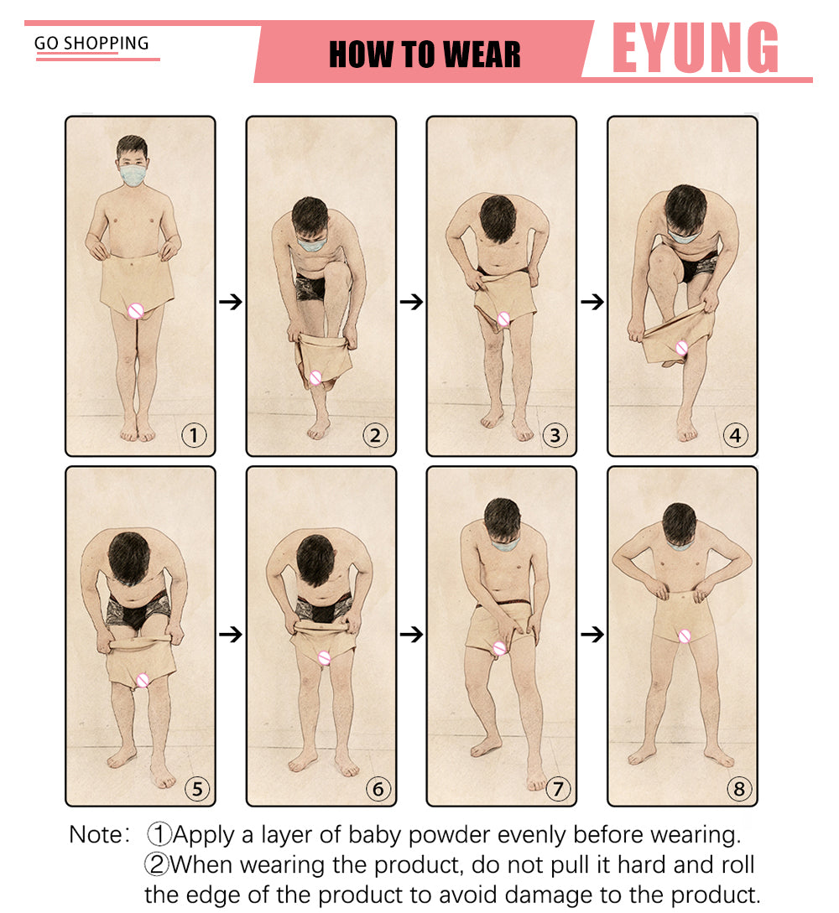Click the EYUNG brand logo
point(696,48)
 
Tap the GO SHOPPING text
point(91,43)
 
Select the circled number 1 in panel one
point(194,435)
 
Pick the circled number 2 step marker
point(375,435)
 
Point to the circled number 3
point(555,435)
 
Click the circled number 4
point(736,435)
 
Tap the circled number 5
point(197,789)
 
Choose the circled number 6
point(378,789)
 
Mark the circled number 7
point(558,789)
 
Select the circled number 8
point(739,789)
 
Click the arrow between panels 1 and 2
point(231,302)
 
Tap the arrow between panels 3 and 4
point(592,302)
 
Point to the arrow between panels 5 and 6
point(231,634)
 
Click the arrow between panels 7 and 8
point(592,634)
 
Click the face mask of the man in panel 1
point(133,174)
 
